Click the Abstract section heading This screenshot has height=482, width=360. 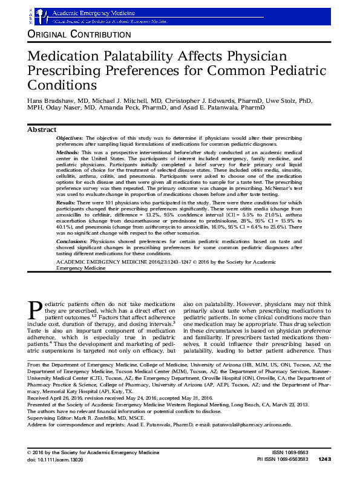coord(42,129)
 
